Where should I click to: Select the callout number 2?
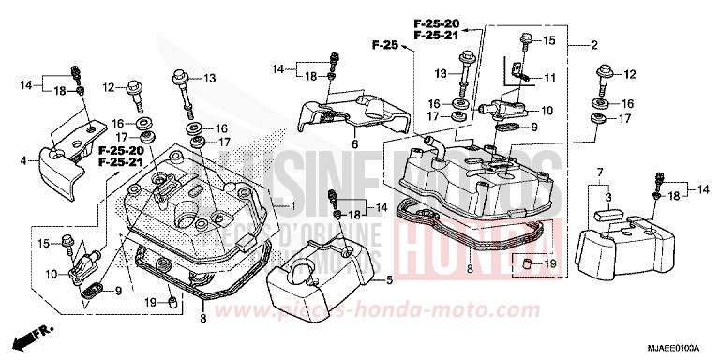coord(593,45)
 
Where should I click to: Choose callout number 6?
coord(355,145)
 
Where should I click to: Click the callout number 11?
coord(551,77)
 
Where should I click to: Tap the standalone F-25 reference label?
coord(384,43)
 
